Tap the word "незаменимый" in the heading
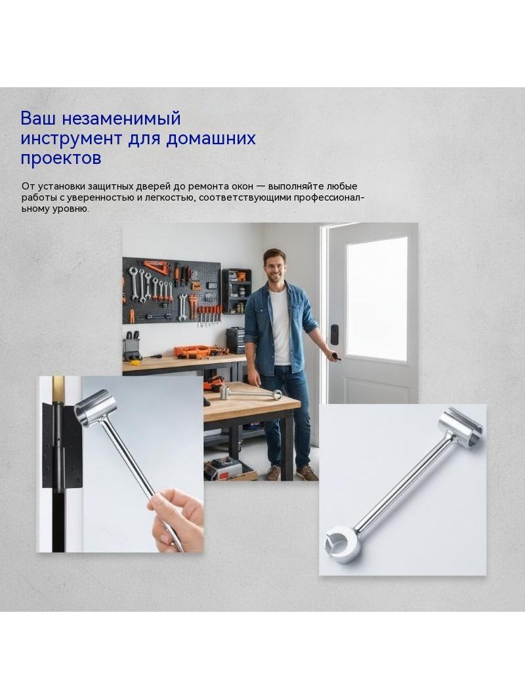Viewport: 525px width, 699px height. tap(121, 119)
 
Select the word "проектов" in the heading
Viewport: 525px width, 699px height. tap(60, 158)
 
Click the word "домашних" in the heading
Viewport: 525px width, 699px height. tap(211, 138)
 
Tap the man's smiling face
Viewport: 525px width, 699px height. tap(274, 266)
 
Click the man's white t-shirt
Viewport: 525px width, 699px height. tap(280, 328)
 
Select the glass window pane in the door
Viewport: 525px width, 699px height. tap(377, 298)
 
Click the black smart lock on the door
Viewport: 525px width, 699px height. tap(334, 334)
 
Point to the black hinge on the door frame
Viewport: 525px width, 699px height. tap(62, 445)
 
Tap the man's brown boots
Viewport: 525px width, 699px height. tap(292, 473)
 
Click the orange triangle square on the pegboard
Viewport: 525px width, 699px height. tap(157, 268)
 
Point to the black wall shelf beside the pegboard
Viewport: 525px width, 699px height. tap(236, 290)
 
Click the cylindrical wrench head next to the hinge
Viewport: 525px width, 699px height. tap(95, 408)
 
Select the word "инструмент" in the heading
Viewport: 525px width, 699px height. tap(71, 138)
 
